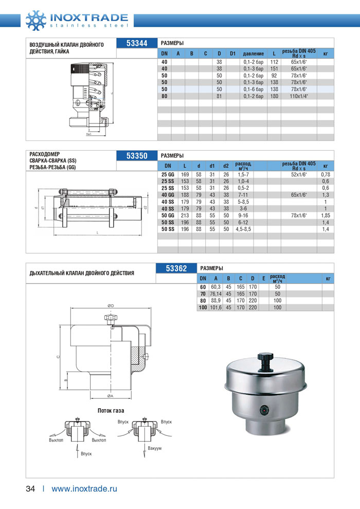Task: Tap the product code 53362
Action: (176, 268)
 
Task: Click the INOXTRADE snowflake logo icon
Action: (35, 20)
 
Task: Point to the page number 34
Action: (30, 489)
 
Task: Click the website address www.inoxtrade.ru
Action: (84, 489)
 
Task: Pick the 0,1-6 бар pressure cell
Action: (253, 89)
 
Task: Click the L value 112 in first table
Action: (274, 62)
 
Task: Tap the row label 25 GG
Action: (168, 174)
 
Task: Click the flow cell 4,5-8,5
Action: (244, 229)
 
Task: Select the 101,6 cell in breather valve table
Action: (215, 307)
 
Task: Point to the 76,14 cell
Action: (215, 293)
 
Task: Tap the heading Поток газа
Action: (111, 410)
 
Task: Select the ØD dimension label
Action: (111, 306)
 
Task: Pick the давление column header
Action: (254, 54)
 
